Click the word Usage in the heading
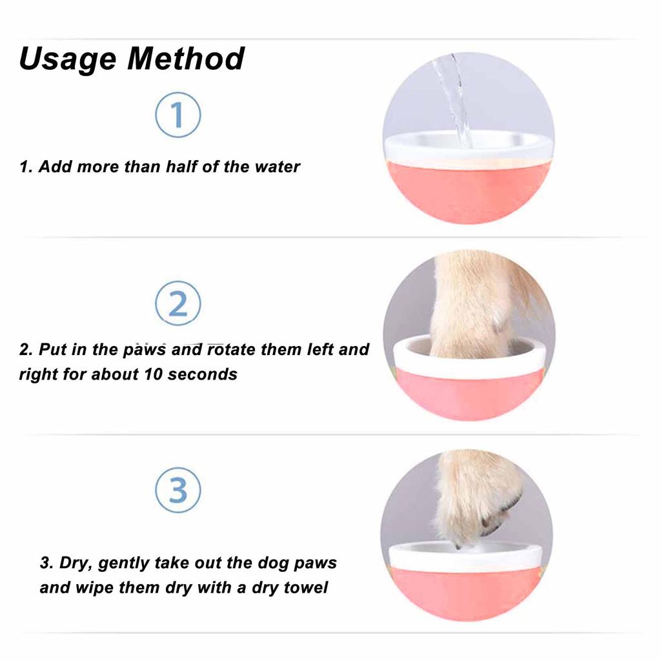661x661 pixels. tap(67, 59)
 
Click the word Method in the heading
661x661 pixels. tap(186, 58)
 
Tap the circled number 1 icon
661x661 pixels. tap(178, 115)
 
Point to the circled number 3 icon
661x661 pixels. tap(178, 490)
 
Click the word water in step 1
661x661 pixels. tap(278, 167)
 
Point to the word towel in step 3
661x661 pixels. tap(306, 587)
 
